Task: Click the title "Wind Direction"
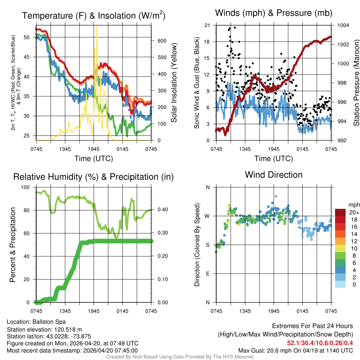tap(274, 175)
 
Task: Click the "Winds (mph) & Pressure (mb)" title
tap(274, 13)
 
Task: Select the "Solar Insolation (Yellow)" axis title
tap(174, 83)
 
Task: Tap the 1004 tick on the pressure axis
tap(343, 25)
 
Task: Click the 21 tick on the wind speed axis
tap(207, 25)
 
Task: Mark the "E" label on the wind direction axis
tap(207, 274)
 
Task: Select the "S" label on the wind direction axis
tap(207, 245)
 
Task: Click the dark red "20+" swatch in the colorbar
tap(341, 212)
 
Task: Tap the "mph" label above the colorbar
tap(353, 205)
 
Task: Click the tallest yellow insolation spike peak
tap(97, 27)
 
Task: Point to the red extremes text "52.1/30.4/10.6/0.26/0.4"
tap(320, 343)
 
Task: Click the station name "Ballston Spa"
tap(49, 322)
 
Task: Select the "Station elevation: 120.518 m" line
tap(44, 329)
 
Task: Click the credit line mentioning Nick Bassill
tap(180, 357)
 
